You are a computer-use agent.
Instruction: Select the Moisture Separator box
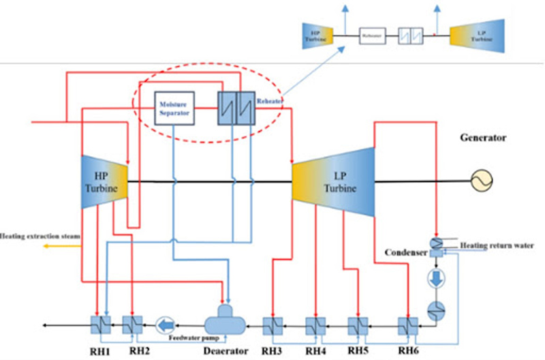(x=174, y=108)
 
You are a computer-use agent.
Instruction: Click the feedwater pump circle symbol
(x=166, y=323)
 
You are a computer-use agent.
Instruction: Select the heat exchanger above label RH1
(x=99, y=324)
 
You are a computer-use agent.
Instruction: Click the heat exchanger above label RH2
(x=131, y=324)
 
